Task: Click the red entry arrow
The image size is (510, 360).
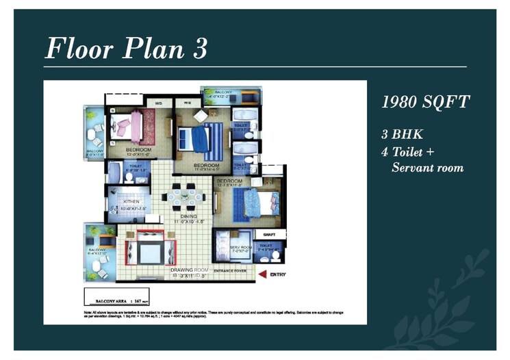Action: (x=262, y=274)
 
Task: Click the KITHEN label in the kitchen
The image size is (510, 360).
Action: (x=131, y=202)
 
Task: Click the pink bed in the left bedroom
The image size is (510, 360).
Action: (x=127, y=127)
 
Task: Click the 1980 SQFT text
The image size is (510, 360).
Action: (x=425, y=103)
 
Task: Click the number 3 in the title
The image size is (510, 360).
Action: (x=199, y=49)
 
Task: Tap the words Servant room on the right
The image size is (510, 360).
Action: (x=427, y=168)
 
